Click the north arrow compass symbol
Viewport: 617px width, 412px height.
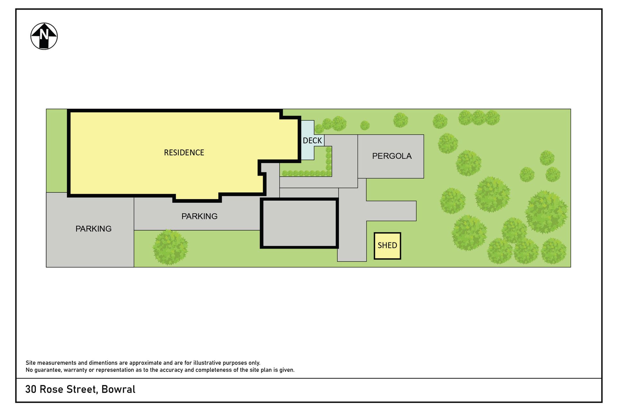[x=44, y=36]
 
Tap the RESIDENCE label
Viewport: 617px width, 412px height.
[x=184, y=152]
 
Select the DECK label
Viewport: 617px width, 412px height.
[x=312, y=141]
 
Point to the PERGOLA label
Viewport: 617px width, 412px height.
[x=392, y=156]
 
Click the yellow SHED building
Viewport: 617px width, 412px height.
[x=387, y=246]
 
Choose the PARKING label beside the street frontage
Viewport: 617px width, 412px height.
[x=94, y=229]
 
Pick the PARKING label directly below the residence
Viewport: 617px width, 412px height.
[x=200, y=216]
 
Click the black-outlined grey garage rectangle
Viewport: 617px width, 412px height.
[x=299, y=223]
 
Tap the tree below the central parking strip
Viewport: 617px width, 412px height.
[x=170, y=247]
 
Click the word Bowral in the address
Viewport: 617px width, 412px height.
[x=119, y=389]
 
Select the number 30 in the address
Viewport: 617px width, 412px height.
[x=31, y=389]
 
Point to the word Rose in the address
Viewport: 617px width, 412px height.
[x=51, y=389]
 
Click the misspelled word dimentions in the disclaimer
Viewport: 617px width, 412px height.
[x=103, y=363]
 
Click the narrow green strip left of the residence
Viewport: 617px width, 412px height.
[x=57, y=151]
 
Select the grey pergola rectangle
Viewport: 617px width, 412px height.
[x=391, y=156]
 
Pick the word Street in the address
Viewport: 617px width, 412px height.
[x=82, y=389]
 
